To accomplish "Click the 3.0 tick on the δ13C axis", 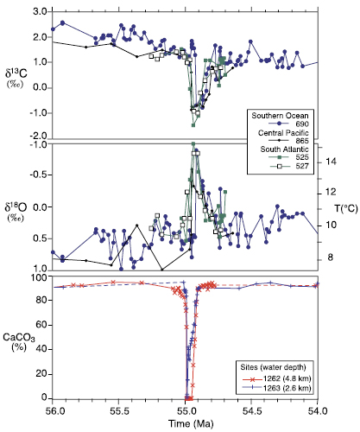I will tap(38, 13).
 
